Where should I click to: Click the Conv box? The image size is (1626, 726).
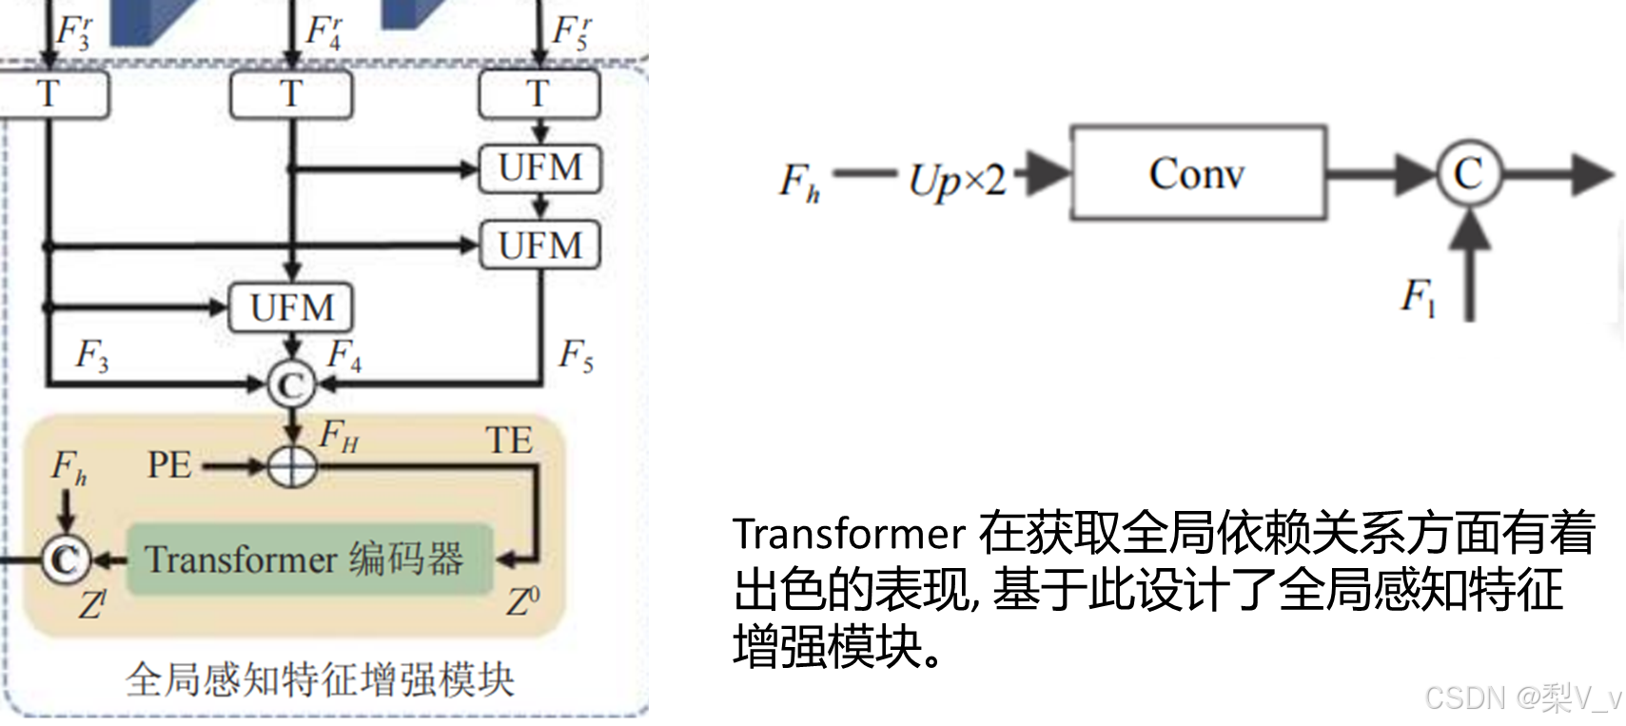click(x=1198, y=173)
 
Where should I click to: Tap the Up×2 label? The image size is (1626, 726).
click(x=956, y=179)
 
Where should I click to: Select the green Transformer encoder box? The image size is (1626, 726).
click(x=309, y=559)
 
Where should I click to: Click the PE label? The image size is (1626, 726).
click(x=169, y=465)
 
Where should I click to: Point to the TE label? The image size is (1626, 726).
click(x=509, y=441)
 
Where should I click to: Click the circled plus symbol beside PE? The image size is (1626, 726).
click(x=292, y=466)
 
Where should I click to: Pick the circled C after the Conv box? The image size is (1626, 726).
click(x=1468, y=173)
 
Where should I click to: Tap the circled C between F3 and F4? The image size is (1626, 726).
click(x=291, y=385)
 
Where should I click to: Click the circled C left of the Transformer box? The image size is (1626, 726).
click(x=66, y=559)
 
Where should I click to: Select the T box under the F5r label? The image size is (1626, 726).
click(x=539, y=94)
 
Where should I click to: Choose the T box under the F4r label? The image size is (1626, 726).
click(x=291, y=94)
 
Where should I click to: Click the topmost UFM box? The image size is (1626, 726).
click(x=539, y=168)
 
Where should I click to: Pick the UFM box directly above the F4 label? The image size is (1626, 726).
click(x=291, y=307)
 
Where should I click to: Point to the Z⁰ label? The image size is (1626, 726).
click(x=522, y=601)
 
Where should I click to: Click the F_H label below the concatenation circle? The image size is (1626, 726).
click(x=339, y=436)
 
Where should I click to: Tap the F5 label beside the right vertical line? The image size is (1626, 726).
click(x=576, y=356)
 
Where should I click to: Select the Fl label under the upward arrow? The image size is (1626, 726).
click(x=1418, y=297)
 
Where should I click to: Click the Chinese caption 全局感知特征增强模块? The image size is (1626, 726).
click(x=320, y=680)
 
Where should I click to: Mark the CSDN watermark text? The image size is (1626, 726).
click(x=1520, y=697)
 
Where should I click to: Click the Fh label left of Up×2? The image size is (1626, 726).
click(x=799, y=181)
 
